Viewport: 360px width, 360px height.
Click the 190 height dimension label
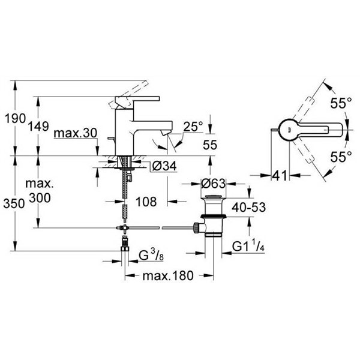click(15, 119)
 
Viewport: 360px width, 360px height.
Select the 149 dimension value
click(38, 126)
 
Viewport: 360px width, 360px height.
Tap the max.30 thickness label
click(76, 133)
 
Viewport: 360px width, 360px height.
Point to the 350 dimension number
click(14, 203)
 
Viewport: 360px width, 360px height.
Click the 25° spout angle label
click(193, 127)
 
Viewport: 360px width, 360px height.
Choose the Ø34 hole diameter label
click(164, 166)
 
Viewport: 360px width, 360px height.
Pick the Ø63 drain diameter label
click(213, 184)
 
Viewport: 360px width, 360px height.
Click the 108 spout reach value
click(146, 202)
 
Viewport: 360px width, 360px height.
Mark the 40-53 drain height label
click(248, 208)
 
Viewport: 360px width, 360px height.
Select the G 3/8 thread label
click(151, 256)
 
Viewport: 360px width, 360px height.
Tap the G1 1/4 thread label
click(248, 247)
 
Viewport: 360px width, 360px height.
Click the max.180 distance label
click(168, 276)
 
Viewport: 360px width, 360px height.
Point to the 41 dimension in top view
click(280, 176)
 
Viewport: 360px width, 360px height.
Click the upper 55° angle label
click(341, 104)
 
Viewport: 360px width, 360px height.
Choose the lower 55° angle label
click(341, 157)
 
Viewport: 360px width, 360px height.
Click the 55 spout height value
click(210, 145)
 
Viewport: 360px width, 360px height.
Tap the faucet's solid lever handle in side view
click(138, 99)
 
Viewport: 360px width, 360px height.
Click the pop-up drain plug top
click(214, 197)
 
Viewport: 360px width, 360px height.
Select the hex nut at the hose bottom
click(125, 249)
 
